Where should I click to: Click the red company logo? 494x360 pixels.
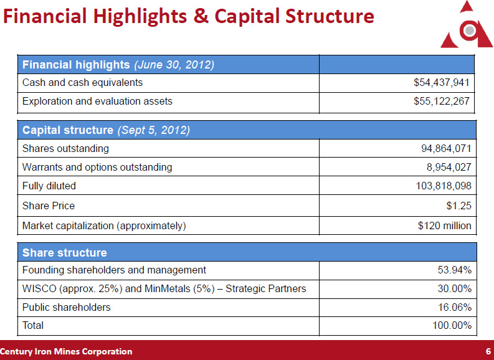467,26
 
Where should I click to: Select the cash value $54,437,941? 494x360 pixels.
441,82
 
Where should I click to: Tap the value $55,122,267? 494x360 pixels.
441,101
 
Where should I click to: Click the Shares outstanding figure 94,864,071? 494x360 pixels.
446,149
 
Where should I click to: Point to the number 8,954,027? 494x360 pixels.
449,168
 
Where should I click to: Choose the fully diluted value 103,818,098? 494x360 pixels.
444,186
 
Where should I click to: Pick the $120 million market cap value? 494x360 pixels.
444,225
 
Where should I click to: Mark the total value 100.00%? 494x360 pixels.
452,326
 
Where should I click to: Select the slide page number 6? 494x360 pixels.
488,352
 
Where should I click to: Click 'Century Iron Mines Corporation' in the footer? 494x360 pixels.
66,352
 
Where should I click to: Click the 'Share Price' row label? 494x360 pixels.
48,206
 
